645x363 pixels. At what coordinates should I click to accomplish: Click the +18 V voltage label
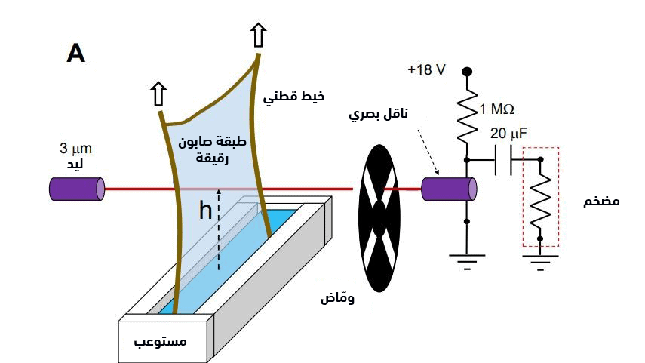coord(426,69)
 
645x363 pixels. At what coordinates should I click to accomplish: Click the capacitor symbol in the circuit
coord(503,160)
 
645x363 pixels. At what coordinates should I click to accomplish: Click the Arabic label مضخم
coord(602,203)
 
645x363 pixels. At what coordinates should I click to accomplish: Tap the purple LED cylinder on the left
coord(76,189)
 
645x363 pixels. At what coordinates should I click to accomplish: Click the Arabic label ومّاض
coord(336,297)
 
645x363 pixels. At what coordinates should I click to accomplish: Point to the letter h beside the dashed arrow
coord(205,212)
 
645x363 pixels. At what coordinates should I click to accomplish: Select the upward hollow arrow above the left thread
coord(158,94)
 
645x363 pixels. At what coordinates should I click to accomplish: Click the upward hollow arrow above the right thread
coord(259,35)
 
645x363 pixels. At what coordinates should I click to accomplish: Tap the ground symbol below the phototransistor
coord(468,263)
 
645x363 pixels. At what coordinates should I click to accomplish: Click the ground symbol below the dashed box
coord(540,263)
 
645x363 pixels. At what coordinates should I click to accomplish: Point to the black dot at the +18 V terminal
coord(468,72)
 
